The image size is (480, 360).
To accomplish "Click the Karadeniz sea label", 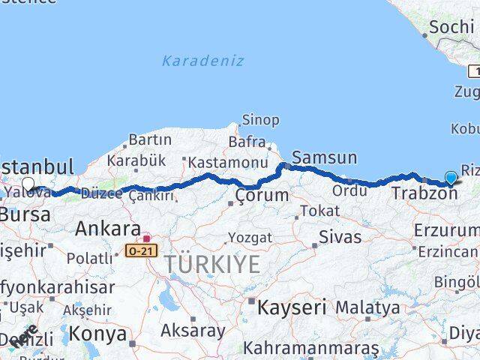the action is [202, 61].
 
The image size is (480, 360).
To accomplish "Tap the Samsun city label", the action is [324, 157].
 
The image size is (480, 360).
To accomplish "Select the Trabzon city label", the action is [424, 193].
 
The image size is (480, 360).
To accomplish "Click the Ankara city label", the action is [107, 229].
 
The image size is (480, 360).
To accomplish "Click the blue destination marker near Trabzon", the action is [451, 178].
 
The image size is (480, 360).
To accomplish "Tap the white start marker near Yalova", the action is [28, 184].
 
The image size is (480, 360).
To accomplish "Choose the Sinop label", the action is [260, 120].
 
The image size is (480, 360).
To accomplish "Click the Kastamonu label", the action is [228, 162].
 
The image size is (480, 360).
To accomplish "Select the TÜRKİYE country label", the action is [213, 264].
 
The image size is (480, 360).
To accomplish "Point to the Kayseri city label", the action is [292, 307].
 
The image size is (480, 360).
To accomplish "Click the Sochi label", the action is [448, 28].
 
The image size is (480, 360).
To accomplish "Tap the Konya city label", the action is [97, 334].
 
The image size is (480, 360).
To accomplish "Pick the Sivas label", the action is [340, 238].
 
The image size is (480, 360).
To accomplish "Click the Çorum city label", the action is [261, 196].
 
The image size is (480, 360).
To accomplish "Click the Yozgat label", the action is [249, 238].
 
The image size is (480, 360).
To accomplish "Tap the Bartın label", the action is [150, 139].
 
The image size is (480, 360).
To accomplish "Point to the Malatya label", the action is [367, 307].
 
